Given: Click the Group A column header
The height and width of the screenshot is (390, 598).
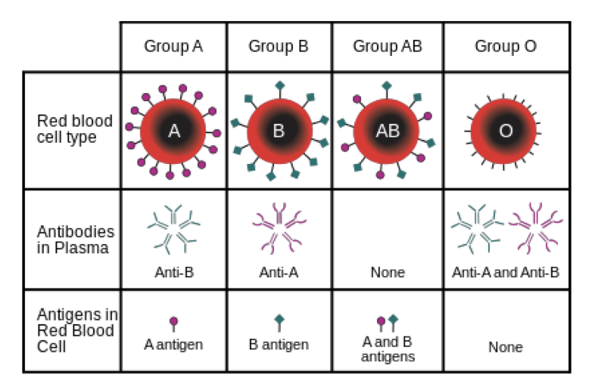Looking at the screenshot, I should tap(173, 46).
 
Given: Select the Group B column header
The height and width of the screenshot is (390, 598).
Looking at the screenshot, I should tap(279, 46).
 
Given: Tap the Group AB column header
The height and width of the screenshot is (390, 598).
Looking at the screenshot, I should tap(387, 46).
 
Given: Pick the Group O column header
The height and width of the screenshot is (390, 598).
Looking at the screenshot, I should tap(506, 46).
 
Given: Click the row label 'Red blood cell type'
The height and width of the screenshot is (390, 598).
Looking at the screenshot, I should tap(75, 129).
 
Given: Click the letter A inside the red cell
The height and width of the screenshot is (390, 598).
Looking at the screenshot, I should tap(173, 132).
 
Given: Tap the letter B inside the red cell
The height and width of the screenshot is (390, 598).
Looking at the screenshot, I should tap(279, 132).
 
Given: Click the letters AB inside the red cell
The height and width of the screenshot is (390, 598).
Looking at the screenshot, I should tap(387, 132).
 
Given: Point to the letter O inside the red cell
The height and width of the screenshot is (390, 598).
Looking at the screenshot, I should tap(506, 132).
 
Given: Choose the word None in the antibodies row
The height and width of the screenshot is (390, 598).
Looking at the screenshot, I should tap(387, 273).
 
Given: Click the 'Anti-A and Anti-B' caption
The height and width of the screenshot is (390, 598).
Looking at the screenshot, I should tap(506, 272).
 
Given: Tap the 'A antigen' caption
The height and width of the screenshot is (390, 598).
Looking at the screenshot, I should tap(173, 345).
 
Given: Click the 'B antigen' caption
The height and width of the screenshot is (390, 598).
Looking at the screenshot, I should tap(279, 345).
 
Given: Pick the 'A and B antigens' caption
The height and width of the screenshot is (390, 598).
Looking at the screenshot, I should tap(388, 348).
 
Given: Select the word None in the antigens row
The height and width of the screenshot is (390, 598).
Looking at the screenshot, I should tap(506, 348).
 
